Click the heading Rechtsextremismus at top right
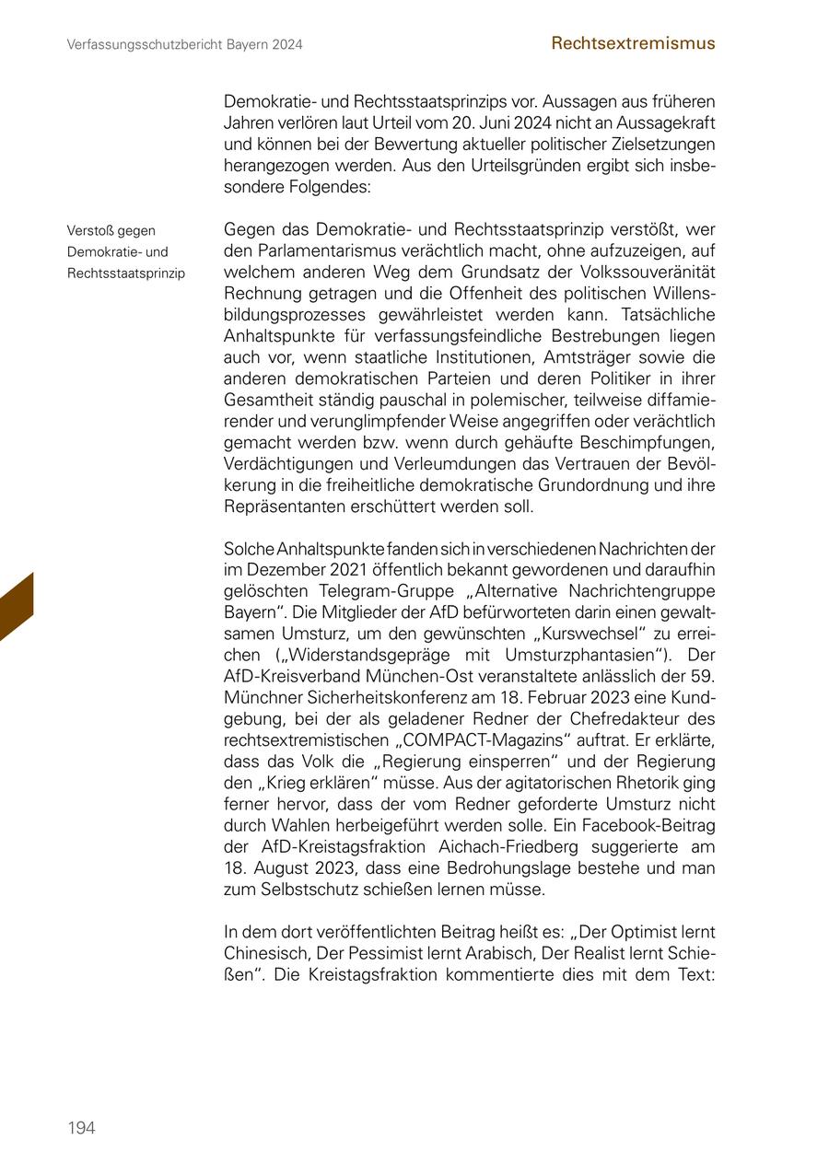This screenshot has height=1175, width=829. (x=633, y=43)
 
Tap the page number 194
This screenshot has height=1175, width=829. (x=81, y=1128)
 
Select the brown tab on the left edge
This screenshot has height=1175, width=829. (x=17, y=608)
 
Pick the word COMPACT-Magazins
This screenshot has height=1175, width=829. (x=483, y=740)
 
